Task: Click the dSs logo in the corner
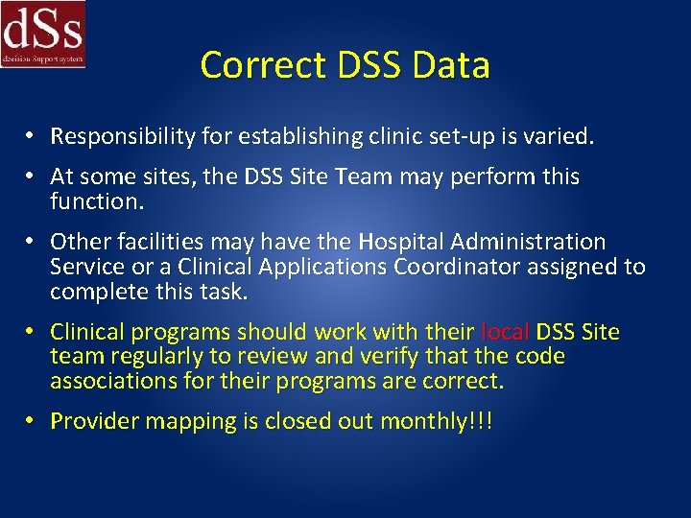[x=43, y=34]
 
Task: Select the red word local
[x=504, y=332]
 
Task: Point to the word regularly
[x=142, y=356]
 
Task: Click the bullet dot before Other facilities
[x=32, y=241]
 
